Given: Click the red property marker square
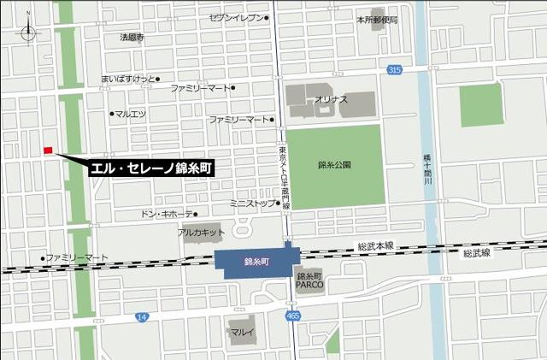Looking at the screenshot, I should (48, 150).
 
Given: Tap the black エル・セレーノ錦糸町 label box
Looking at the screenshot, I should (152, 168).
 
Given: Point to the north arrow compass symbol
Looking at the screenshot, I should (30, 31).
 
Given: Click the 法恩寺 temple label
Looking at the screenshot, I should (132, 38).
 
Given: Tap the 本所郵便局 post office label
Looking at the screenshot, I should (379, 19).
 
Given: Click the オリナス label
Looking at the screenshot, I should (331, 99).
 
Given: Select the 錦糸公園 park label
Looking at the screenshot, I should (334, 164).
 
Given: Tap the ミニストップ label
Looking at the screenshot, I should (253, 204).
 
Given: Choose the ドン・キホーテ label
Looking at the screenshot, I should (166, 214).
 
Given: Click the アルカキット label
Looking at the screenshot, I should (202, 233).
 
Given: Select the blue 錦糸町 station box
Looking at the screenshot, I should (256, 262).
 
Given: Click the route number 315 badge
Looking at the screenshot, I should (393, 69).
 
